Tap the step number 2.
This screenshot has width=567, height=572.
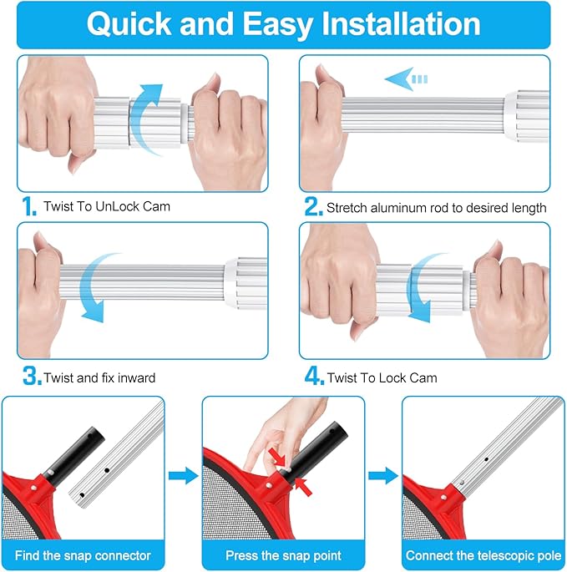pos(312,205)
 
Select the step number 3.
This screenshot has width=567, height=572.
pos(32,377)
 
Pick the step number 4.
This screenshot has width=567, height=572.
pos(313,377)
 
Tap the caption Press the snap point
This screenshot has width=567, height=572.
pos(283,555)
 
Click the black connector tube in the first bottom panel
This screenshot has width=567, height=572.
pos(72,452)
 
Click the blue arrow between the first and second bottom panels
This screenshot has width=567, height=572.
pos(183,475)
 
